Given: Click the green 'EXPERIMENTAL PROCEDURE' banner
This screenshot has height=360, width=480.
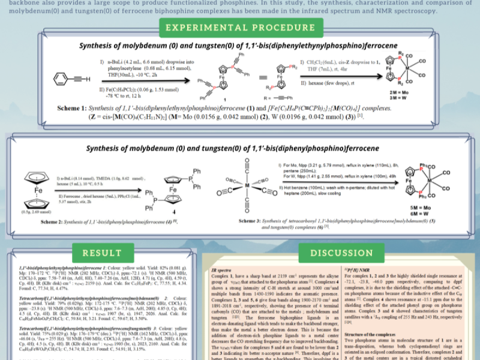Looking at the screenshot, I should (x=240, y=28).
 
